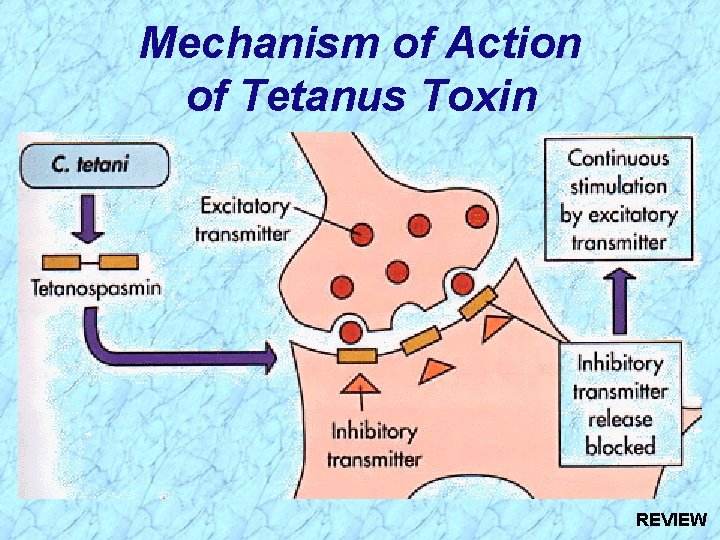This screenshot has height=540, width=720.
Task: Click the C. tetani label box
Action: tap(94, 165)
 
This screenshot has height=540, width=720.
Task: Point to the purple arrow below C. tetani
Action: tap(90, 221)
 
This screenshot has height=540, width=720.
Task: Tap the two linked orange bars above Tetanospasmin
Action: tap(91, 262)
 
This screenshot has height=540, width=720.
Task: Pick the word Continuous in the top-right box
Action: tap(618, 158)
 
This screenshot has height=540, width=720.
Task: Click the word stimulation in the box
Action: tap(618, 186)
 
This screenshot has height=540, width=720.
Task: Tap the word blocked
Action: tap(620, 446)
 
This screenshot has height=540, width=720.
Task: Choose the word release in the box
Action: tap(620, 419)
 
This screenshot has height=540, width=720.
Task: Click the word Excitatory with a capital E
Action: tap(245, 207)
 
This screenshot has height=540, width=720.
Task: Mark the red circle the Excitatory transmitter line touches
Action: tap(360, 234)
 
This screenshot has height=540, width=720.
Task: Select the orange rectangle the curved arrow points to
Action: tap(357, 356)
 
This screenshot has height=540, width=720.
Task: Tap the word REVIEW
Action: tap(671, 520)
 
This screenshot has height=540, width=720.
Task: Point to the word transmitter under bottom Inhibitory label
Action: tap(374, 460)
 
